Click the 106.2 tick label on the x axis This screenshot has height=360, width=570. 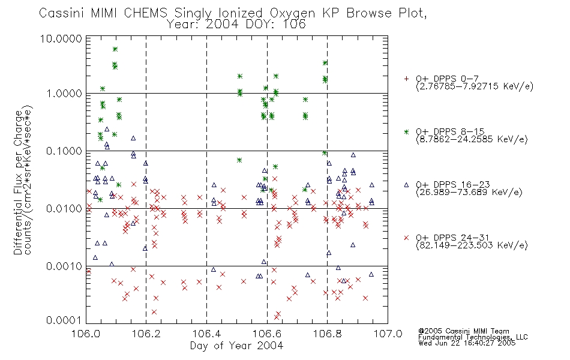click(x=146, y=334)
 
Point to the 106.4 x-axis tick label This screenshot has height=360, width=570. click(x=206, y=334)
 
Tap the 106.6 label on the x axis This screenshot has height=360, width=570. click(x=267, y=334)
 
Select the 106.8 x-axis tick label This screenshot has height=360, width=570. click(x=327, y=334)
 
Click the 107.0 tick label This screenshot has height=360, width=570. click(x=388, y=334)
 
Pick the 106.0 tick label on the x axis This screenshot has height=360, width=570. click(x=86, y=334)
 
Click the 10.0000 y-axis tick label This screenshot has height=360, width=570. click(x=61, y=38)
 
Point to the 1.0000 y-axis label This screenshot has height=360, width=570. click(x=64, y=94)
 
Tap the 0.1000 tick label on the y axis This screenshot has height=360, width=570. click(x=64, y=151)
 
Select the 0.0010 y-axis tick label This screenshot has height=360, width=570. click(x=64, y=266)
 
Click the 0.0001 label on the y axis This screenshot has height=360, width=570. click(x=64, y=320)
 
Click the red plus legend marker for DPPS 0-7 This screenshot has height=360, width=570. click(x=406, y=79)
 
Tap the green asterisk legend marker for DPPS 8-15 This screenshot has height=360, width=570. click(x=406, y=131)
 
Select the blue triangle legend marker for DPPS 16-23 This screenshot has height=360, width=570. click(x=406, y=185)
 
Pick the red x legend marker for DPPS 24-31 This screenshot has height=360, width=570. click(x=406, y=238)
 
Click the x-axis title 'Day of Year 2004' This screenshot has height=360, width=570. click(x=236, y=346)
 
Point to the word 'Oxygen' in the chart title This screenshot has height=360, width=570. click(x=292, y=13)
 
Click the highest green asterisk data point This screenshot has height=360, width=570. click(x=115, y=49)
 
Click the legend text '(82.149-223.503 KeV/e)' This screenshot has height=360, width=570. click(x=472, y=245)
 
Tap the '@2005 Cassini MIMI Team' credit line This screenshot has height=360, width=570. click(x=463, y=331)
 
